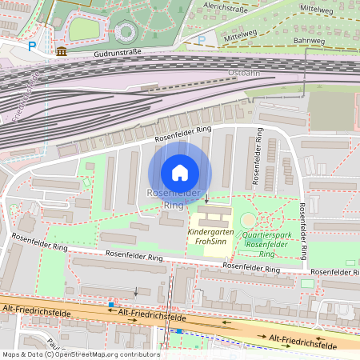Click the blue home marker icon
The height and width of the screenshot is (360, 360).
[x=180, y=173]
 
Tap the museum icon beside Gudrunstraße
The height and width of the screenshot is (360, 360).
[x=62, y=51]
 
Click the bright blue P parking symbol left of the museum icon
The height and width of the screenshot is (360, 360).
[x=32, y=46]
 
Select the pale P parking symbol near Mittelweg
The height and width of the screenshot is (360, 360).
[x=202, y=39]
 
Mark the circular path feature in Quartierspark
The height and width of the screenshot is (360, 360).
[x=249, y=219]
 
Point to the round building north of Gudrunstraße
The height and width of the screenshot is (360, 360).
[x=126, y=32]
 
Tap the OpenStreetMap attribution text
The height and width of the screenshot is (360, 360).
[x=80, y=354]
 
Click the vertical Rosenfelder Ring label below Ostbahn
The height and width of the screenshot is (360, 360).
[x=258, y=157]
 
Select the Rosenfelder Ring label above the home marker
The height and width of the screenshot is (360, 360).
[x=184, y=134]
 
